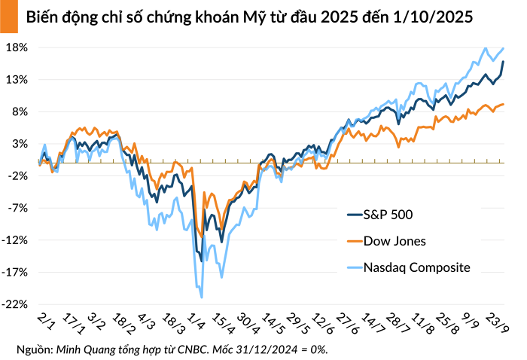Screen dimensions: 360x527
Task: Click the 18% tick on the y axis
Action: [17, 47]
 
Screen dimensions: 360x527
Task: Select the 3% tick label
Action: [20, 144]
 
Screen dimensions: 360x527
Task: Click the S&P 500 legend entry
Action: [388, 215]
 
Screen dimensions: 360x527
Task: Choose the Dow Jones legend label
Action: [394, 241]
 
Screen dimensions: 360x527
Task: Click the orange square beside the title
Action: [8, 16]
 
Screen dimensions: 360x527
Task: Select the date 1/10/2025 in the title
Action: [432, 17]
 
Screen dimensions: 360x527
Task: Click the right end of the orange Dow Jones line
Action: [503, 105]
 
